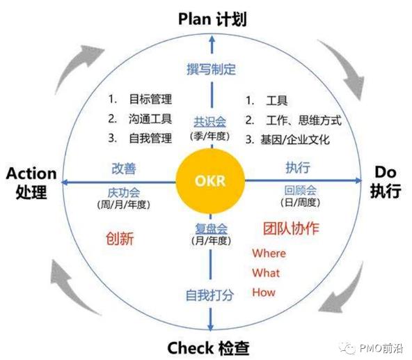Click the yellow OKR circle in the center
(x=210, y=181)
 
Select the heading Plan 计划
(x=212, y=19)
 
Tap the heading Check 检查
(x=208, y=347)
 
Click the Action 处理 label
(x=31, y=182)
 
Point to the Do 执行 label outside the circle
(x=386, y=182)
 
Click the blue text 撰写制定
(x=211, y=69)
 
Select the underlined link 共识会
(x=209, y=122)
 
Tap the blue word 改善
(x=124, y=169)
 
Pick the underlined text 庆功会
(x=124, y=193)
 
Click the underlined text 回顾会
(x=301, y=190)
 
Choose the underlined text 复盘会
(x=211, y=228)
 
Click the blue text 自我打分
(x=209, y=295)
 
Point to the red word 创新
(x=120, y=239)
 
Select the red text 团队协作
(x=291, y=228)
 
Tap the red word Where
(x=269, y=253)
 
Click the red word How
(x=264, y=292)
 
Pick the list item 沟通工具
(x=150, y=119)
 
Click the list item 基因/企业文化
(x=294, y=140)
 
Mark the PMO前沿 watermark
(x=371, y=348)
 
